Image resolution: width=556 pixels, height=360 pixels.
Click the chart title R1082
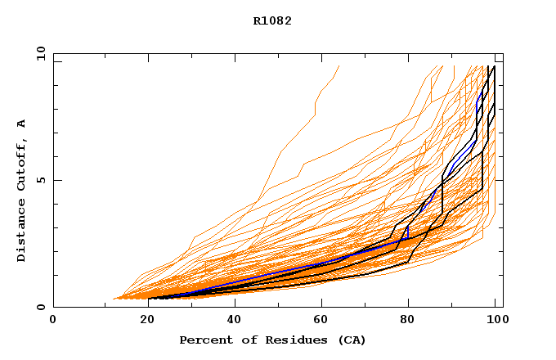click(x=272, y=21)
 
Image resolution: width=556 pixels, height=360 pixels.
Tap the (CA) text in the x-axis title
click(x=347, y=340)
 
